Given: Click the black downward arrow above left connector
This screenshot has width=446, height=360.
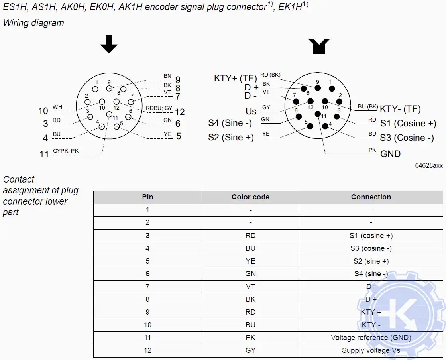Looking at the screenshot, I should point(109,45).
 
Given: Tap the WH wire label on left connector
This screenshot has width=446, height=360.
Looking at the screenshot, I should point(57,107).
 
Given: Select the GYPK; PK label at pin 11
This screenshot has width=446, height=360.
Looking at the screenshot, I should point(66,151).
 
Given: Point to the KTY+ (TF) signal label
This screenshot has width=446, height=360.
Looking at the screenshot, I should point(236,78).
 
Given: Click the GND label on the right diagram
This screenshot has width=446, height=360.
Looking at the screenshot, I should point(390,154).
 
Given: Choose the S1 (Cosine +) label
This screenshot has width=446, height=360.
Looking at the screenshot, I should point(408,123).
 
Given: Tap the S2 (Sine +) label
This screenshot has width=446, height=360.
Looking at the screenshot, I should point(231,138).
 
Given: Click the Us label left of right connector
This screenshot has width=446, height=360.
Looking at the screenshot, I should point(251,112).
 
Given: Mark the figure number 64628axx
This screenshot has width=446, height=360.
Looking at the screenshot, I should point(428,166).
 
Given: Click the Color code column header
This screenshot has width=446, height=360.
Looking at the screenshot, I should point(250,197).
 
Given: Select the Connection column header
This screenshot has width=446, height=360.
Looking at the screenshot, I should point(371,197).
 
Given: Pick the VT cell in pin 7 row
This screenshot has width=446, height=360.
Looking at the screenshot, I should point(250,287).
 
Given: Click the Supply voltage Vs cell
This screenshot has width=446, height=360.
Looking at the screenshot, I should point(371,350).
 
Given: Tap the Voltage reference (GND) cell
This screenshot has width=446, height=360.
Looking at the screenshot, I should point(371,338).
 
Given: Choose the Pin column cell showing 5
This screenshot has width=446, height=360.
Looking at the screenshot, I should point(147,261).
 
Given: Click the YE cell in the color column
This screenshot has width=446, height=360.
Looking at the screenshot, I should point(250,261).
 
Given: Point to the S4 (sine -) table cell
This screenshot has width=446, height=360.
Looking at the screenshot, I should point(371,274).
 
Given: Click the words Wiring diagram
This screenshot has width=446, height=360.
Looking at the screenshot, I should point(33,23).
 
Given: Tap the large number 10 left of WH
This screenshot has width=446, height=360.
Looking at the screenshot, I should point(43,111).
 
